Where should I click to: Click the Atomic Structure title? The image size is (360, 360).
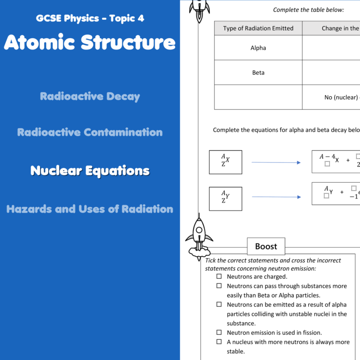coord(90,42)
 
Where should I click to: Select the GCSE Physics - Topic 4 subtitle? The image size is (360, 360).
coord(90,19)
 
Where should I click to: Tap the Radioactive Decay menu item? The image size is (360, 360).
coord(90,96)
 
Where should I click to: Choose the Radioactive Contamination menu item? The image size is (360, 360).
coord(90,132)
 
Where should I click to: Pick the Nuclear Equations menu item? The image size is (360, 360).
coord(90,171)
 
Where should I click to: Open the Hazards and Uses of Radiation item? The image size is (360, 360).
coord(90,209)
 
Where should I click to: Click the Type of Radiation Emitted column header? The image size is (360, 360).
coord(258,28)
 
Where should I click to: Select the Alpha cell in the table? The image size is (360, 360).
coord(258,48)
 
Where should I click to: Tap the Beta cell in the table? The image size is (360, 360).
coord(258,72)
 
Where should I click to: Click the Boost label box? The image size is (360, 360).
coord(266,246)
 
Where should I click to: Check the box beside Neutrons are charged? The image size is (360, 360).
coord(219,276)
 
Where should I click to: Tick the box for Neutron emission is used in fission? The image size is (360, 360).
coord(219,333)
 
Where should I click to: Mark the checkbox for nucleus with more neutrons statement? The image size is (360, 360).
coord(219,342)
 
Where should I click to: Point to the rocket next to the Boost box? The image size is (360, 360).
coord(199,237)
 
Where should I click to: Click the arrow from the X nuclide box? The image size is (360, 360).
coord(276,162)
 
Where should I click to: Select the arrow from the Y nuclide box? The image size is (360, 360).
coord(276,197)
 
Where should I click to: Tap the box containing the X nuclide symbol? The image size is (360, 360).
coord(225,162)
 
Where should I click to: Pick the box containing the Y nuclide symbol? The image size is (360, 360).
coord(225,198)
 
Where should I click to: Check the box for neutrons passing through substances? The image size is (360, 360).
coord(219,286)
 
